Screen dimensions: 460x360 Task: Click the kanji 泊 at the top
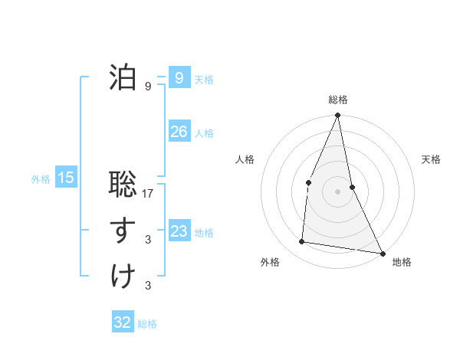(123, 77)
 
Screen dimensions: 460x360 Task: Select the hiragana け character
(123, 277)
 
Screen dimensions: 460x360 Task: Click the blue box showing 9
(179, 78)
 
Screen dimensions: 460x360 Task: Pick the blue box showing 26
(179, 132)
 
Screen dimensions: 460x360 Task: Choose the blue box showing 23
(179, 231)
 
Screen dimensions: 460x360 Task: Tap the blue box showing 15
(66, 178)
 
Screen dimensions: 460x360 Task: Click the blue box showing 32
(123, 322)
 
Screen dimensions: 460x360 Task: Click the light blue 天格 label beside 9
(204, 80)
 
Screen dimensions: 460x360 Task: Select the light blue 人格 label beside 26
(204, 133)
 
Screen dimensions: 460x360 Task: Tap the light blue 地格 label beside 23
(204, 233)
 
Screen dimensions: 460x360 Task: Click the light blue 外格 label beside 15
(41, 180)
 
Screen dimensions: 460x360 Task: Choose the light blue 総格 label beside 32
(147, 324)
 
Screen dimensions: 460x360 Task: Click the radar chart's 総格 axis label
(338, 100)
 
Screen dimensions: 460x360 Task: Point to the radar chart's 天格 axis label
(432, 159)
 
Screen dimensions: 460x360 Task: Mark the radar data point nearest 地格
(383, 253)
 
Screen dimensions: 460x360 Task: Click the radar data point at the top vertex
(337, 116)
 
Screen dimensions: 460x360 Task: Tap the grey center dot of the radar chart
(337, 191)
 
